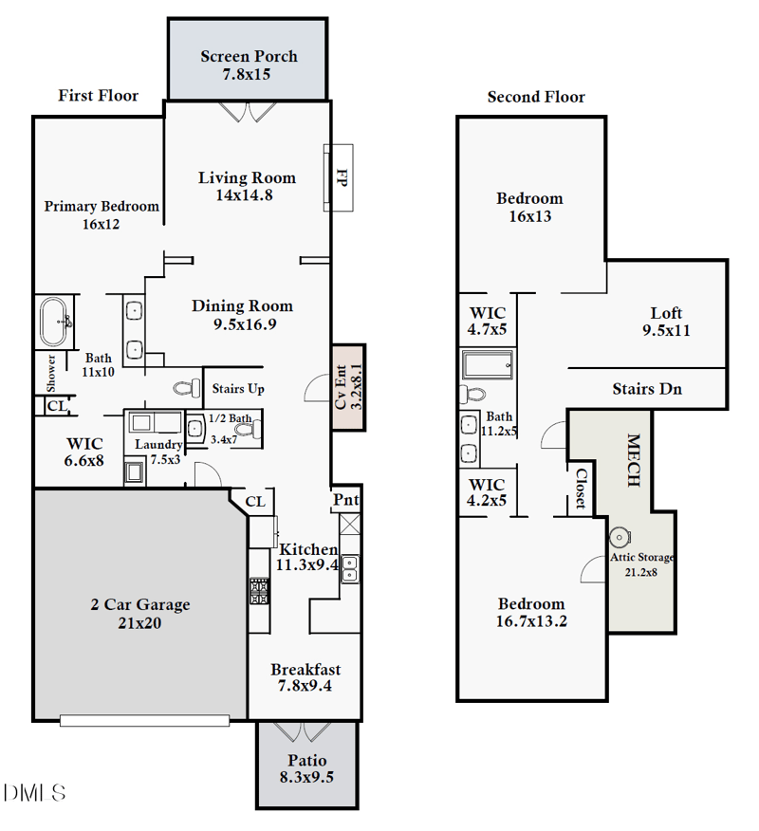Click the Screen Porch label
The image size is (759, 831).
click(249, 57)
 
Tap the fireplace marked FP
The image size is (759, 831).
click(340, 177)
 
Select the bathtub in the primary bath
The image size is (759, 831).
click(56, 322)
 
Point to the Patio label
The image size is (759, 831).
click(306, 761)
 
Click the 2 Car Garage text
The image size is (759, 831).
click(140, 604)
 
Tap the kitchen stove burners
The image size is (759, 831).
click(259, 591)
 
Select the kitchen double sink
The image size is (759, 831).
click(350, 567)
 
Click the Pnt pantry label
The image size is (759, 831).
click(345, 500)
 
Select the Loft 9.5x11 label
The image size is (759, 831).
click(666, 322)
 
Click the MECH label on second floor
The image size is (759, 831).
click(633, 461)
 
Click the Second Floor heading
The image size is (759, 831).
click(536, 97)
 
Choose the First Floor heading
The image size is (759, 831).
click(98, 95)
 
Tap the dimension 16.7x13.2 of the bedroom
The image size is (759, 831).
click(531, 621)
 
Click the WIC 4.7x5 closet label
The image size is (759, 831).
click(488, 321)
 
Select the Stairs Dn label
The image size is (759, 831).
click(647, 388)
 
